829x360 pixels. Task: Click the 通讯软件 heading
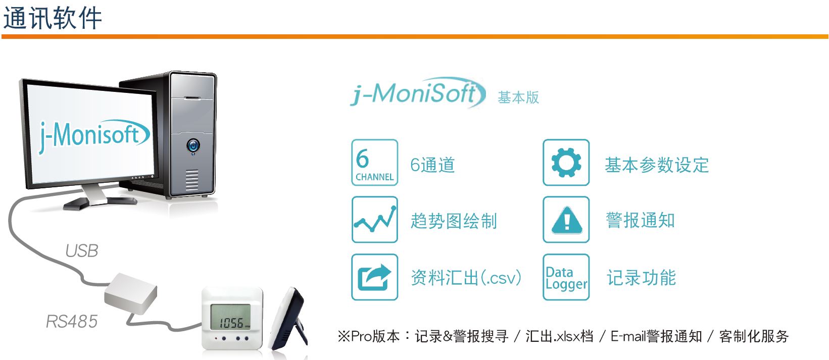coord(53,18)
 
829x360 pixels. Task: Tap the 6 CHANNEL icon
coord(374,163)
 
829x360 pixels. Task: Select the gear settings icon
coord(566,163)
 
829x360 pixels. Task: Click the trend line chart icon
coord(374,220)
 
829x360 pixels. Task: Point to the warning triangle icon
coord(566,220)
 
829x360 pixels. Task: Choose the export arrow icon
coord(374,277)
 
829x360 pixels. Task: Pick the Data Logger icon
coord(566,277)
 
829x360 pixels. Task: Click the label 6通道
coord(432,165)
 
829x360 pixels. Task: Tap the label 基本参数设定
coord(657,165)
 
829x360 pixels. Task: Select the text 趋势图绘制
coord(454,221)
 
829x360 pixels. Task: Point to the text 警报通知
coord(640,220)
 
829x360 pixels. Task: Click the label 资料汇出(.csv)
coord(466,278)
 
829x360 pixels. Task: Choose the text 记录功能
coord(642,278)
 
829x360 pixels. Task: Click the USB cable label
coord(82,251)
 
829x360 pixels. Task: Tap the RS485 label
coord(72,321)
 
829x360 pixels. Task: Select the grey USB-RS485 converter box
coord(131,293)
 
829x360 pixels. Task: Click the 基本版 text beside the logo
coord(518,97)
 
